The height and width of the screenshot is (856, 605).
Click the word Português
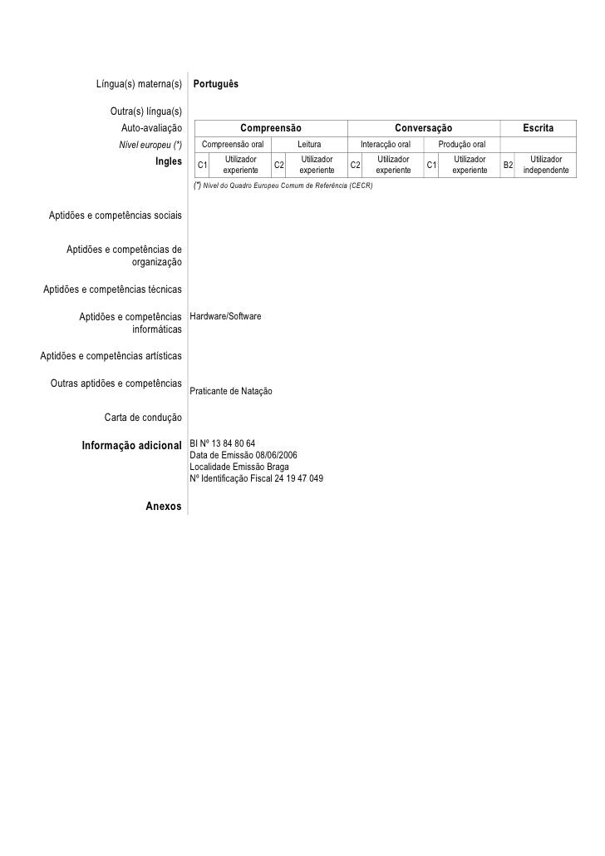216,85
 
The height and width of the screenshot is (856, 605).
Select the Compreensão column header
270,128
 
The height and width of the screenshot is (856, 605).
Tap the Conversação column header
423,128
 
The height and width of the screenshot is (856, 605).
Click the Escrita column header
538,128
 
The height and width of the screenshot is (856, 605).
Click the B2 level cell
509,165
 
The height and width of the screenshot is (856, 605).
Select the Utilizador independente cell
546,165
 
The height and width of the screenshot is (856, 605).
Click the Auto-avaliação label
151,128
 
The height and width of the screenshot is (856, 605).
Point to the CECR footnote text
283,186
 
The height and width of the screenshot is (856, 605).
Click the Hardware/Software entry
226,317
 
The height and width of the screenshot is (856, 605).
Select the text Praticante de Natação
231,391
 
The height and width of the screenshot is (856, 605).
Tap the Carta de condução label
143,417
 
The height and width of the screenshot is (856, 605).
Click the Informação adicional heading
131,444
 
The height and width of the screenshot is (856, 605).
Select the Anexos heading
163,506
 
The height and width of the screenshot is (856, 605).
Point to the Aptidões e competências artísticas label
111,356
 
